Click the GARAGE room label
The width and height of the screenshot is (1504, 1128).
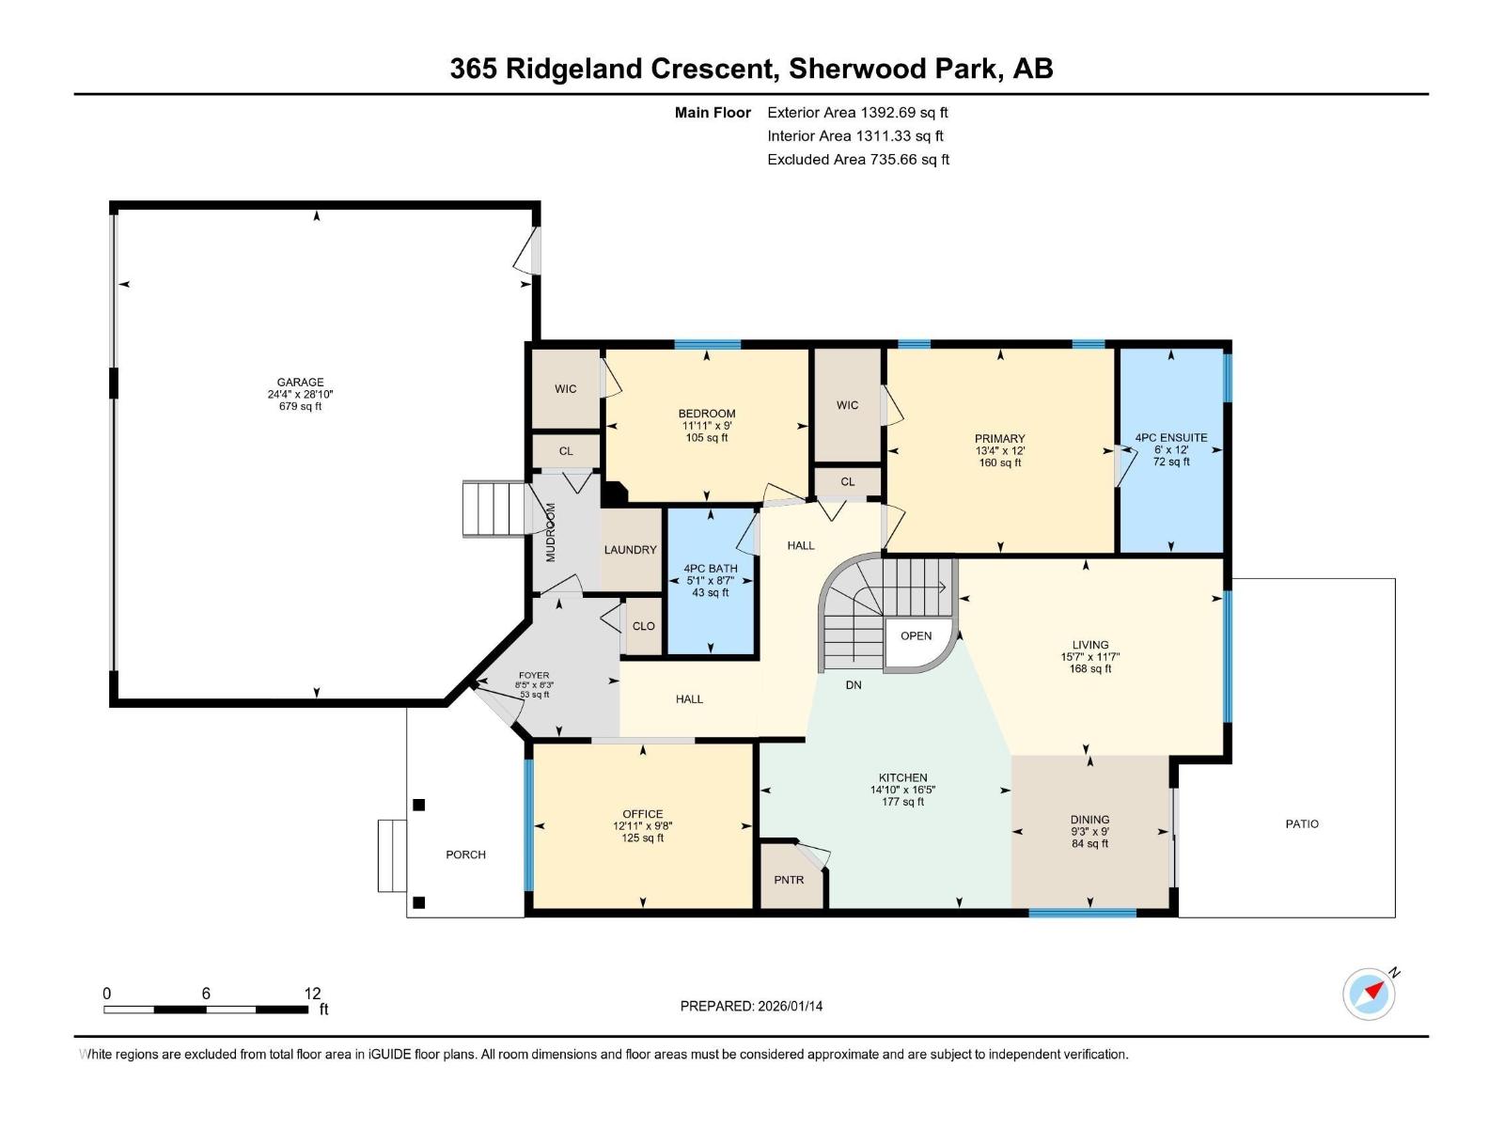(300, 383)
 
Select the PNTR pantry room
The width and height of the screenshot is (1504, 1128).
(789, 880)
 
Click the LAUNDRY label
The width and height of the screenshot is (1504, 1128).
(630, 550)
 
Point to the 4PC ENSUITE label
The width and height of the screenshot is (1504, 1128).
(1171, 438)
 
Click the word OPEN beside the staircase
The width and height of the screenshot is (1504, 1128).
(916, 636)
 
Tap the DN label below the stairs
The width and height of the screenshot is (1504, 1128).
(854, 685)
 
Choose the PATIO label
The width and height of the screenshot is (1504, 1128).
(1302, 823)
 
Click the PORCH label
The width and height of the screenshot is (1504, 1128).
(465, 854)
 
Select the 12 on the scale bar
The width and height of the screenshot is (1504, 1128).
(312, 994)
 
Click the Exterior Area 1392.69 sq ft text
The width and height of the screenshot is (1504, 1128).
(857, 113)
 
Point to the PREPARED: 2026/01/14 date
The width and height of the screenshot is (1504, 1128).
(751, 1006)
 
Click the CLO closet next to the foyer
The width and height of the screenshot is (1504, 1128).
(643, 626)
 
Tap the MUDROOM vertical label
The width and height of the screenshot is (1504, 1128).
(552, 532)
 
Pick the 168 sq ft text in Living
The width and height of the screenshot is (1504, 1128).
(1090, 669)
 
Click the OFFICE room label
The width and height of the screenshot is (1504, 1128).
(642, 814)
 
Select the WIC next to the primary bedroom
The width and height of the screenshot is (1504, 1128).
(847, 405)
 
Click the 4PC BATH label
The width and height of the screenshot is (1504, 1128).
(710, 569)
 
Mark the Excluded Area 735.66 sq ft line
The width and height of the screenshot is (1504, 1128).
(857, 160)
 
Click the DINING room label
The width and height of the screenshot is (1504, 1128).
(1089, 820)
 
